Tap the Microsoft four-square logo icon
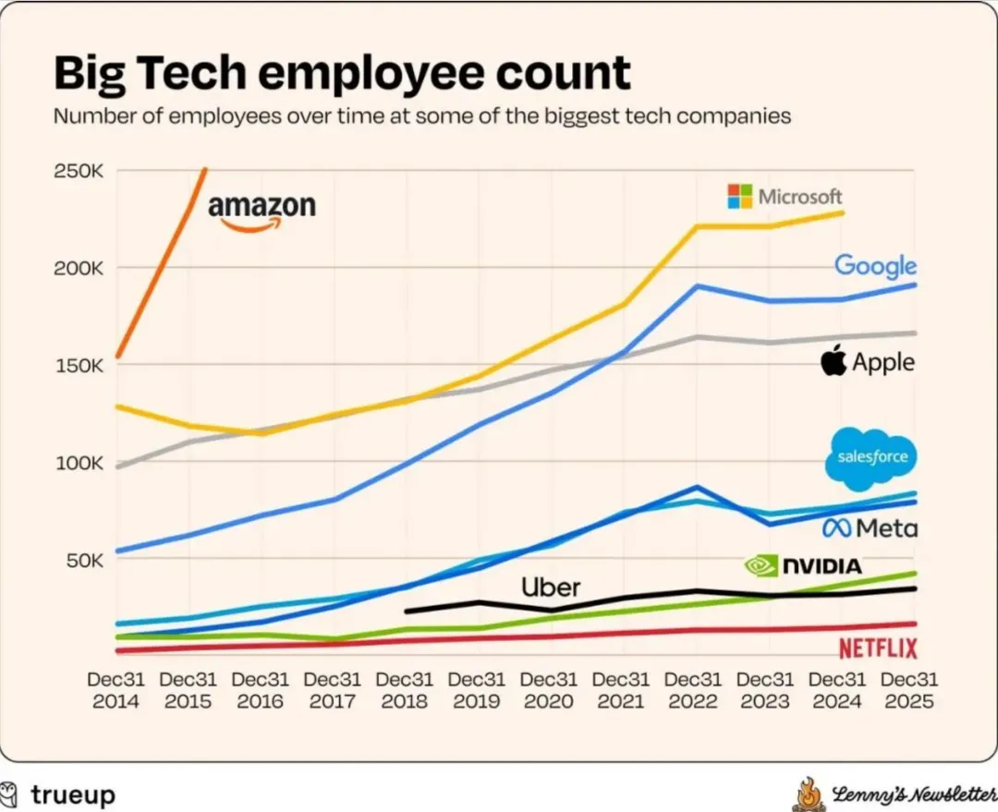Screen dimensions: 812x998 739,196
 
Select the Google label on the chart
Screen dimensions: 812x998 875,266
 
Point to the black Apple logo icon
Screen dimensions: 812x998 834,360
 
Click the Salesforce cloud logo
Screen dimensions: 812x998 871,458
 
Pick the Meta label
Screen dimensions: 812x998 870,527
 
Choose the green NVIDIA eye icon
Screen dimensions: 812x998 761,565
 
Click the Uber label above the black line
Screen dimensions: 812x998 551,587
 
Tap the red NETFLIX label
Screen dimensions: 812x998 878,648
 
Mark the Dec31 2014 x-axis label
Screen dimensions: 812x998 116,689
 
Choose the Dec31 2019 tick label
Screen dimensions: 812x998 478,689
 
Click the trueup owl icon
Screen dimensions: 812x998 10,794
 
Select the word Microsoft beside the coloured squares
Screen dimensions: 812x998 800,196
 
